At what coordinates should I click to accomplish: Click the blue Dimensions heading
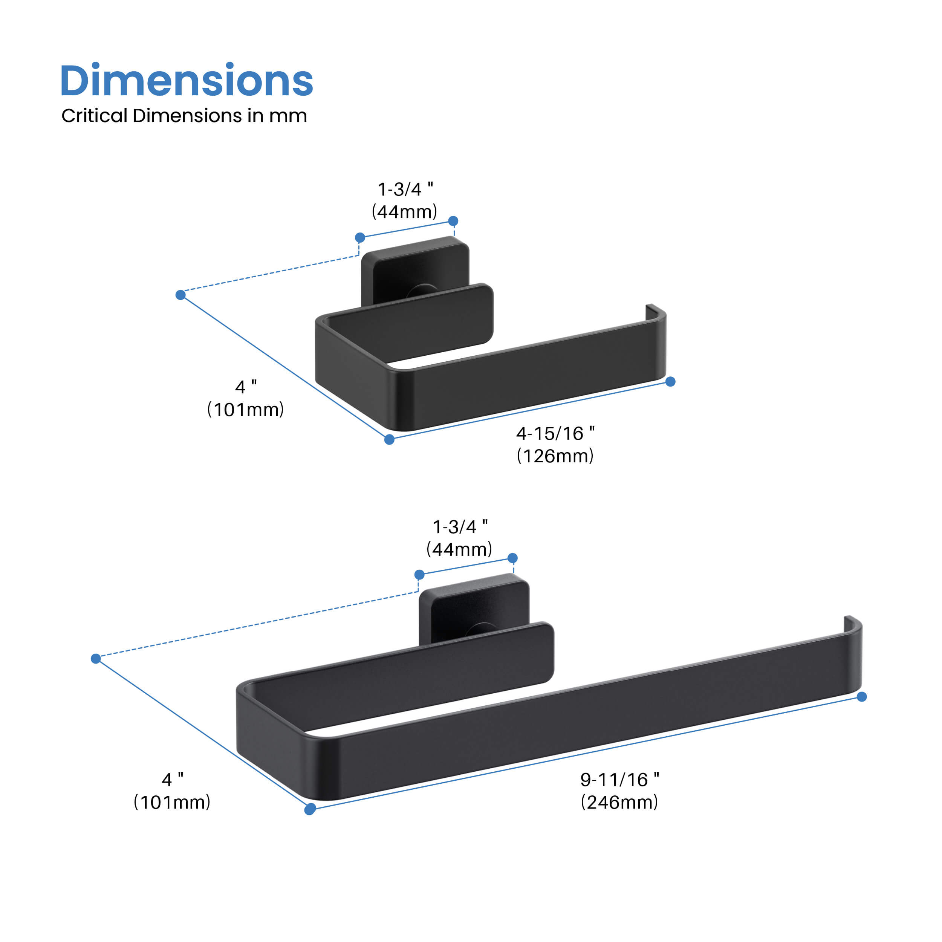[186, 81]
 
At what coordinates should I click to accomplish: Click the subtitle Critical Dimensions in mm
[184, 116]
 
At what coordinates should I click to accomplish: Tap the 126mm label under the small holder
[555, 456]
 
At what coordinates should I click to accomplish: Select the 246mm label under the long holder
[619, 802]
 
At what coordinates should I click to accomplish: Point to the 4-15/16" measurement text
[555, 433]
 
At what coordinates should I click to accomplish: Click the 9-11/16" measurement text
[619, 780]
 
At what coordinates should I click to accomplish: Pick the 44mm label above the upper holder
[404, 212]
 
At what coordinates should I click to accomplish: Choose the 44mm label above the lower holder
[459, 549]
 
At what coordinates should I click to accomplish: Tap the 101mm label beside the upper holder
[245, 410]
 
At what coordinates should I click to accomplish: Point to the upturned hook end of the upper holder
[655, 312]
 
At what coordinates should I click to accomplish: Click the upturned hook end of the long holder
[852, 624]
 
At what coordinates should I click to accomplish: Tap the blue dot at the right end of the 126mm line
[670, 382]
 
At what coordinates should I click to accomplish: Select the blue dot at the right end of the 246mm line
[861, 697]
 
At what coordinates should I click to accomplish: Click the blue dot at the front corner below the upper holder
[389, 440]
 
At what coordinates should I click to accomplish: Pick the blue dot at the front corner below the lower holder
[310, 810]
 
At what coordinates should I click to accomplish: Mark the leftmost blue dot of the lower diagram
[96, 659]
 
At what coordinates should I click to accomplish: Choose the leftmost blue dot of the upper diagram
[180, 295]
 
